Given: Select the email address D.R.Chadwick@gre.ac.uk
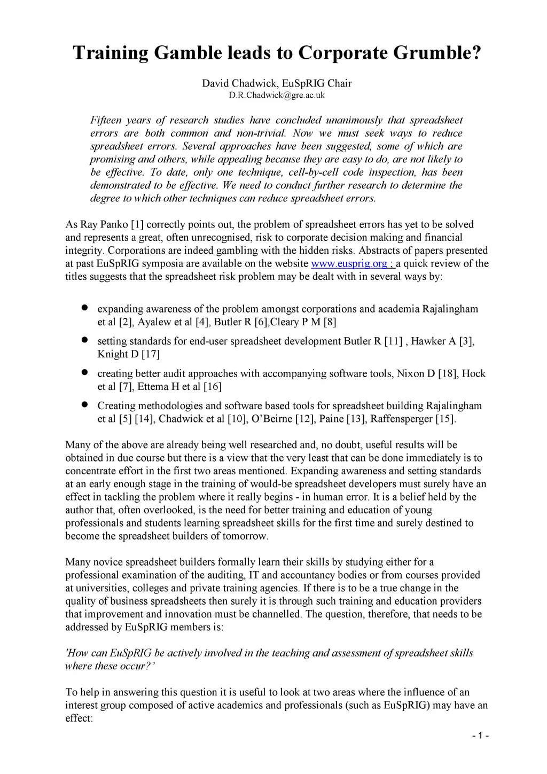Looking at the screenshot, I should coord(277,96).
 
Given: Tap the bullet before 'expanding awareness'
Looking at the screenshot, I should coord(84,308).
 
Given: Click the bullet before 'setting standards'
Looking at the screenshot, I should coord(84,340).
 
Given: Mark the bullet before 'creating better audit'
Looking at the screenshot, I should coord(84,372).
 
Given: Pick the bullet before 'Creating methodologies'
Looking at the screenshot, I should coord(84,405).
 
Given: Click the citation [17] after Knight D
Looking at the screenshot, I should coord(151,354).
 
